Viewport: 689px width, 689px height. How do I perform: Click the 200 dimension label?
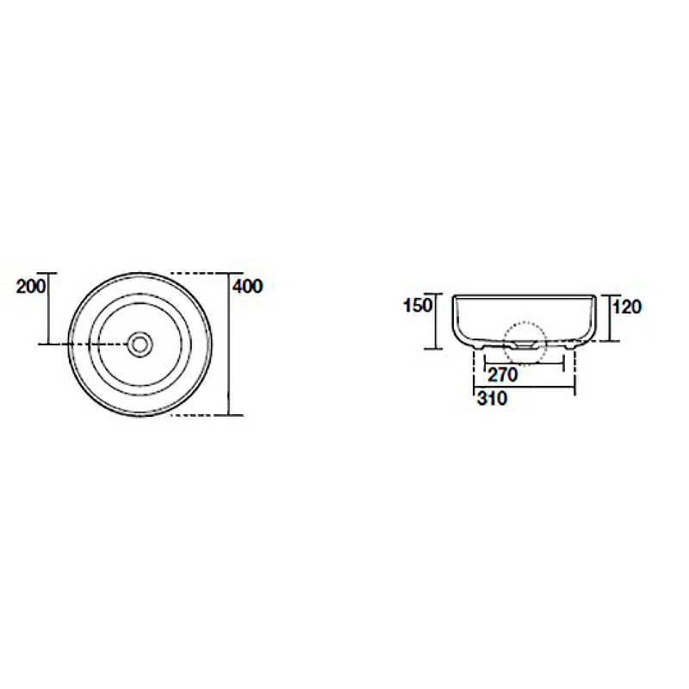(x=31, y=286)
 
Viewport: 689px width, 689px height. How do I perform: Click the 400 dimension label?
(x=247, y=286)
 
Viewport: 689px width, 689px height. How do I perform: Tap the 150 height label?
(x=418, y=306)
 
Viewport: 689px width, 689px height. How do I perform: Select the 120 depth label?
(x=627, y=307)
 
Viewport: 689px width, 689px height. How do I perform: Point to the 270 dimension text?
(x=503, y=375)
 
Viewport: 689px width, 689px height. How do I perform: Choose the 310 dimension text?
(x=492, y=399)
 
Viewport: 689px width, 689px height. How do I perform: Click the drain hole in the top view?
(x=140, y=344)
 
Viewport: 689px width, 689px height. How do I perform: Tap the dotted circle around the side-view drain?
(x=525, y=343)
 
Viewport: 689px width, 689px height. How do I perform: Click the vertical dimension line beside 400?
(x=229, y=344)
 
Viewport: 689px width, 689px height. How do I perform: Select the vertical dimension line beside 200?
(x=49, y=308)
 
